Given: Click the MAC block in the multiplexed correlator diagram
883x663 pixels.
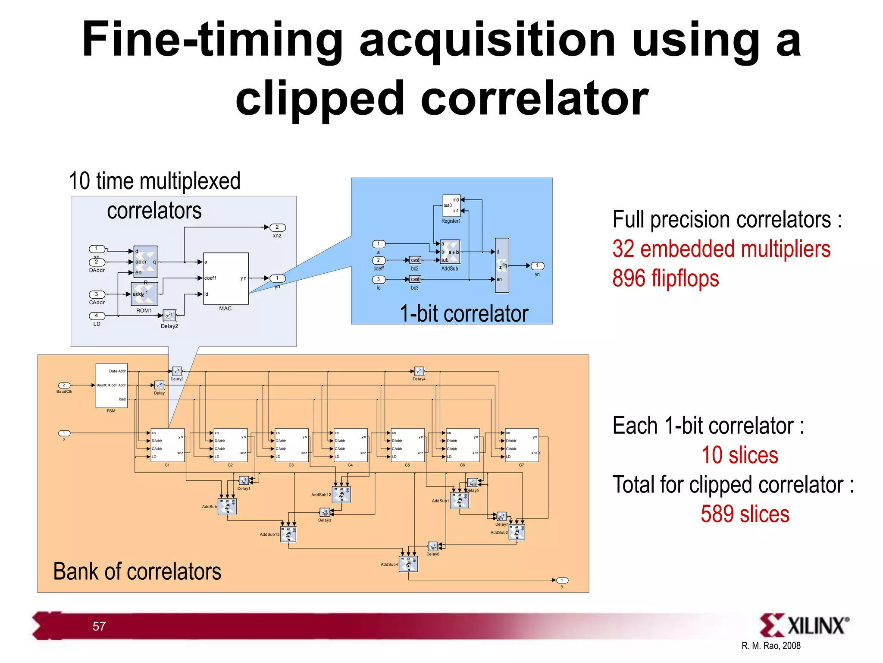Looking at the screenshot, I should pyautogui.click(x=225, y=278).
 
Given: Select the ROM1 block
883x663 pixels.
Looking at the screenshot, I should pyautogui.click(x=144, y=294).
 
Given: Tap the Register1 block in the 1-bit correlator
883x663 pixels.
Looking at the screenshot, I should pyautogui.click(x=451, y=206).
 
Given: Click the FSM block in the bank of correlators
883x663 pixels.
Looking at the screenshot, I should pyautogui.click(x=111, y=385).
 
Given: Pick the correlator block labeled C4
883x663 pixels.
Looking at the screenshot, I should pyautogui.click(x=351, y=445).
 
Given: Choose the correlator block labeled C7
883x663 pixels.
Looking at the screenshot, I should pyautogui.click(x=522, y=445).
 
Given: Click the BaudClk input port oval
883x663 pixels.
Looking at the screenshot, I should pyautogui.click(x=64, y=385).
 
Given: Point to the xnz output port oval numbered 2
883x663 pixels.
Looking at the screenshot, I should pyautogui.click(x=277, y=227).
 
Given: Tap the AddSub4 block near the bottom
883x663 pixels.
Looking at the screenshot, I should pyautogui.click(x=408, y=564).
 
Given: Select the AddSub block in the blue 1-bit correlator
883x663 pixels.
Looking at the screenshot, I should pyautogui.click(x=450, y=252).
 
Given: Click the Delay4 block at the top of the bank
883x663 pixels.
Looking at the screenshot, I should pyautogui.click(x=419, y=371).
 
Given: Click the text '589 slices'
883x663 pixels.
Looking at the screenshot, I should pyautogui.click(x=745, y=514).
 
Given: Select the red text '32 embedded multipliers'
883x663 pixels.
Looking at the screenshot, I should pyautogui.click(x=721, y=249).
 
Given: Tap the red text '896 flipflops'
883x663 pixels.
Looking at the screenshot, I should pyautogui.click(x=665, y=278).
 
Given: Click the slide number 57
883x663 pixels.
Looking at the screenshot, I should pyautogui.click(x=99, y=626).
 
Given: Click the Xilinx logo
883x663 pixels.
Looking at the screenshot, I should pyautogui.click(x=804, y=625).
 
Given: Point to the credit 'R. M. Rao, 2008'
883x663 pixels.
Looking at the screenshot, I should pyautogui.click(x=770, y=646).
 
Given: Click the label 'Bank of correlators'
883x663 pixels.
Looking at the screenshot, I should pyautogui.click(x=137, y=571).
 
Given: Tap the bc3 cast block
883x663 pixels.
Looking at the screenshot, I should pyautogui.click(x=415, y=279).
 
